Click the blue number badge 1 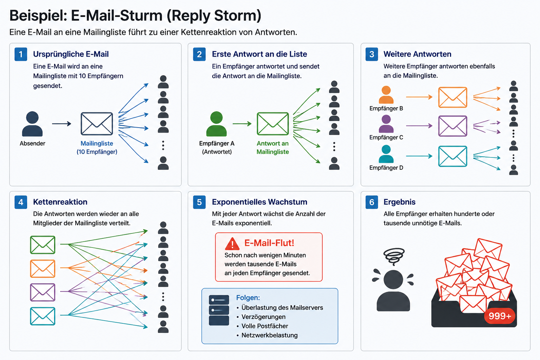(x=21, y=54)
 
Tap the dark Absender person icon (x=32, y=124)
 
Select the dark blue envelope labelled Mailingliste (x=97, y=124)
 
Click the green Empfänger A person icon (x=217, y=124)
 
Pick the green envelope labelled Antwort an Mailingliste (x=273, y=124)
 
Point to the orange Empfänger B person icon (x=386, y=95)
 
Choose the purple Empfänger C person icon (x=386, y=124)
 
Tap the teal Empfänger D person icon (x=386, y=154)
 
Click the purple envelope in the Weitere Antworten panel (x=452, y=126)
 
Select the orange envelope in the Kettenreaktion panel (x=43, y=268)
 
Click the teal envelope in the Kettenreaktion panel (x=43, y=316)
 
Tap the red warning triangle (x=232, y=244)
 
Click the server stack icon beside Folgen (x=219, y=310)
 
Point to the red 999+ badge (x=500, y=316)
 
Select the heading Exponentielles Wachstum (x=260, y=202)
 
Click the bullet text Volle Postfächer (x=265, y=326)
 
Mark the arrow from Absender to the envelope (x=62, y=124)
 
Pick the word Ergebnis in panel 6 (x=399, y=202)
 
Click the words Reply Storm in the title (x=214, y=16)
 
